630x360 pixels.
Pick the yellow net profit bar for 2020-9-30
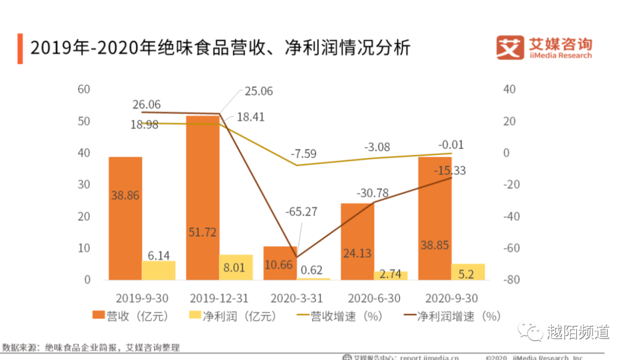(468, 272)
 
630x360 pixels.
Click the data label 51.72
(202, 232)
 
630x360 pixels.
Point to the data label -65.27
(301, 211)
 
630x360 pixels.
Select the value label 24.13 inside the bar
(357, 254)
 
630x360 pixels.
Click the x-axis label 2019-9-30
(142, 299)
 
